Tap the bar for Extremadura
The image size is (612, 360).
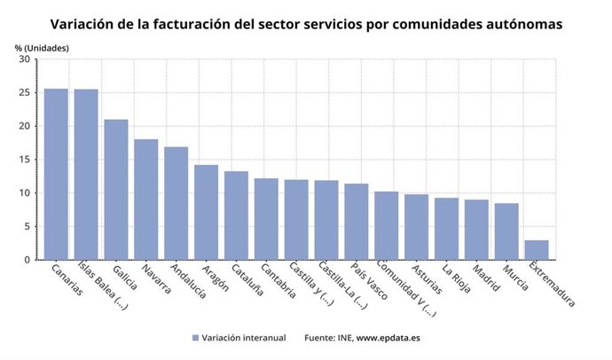coord(537,249)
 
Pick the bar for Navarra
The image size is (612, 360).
coord(146,199)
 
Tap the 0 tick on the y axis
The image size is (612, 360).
coord(27,260)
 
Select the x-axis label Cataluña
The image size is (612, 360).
coord(248,282)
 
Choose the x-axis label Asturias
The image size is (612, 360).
coord(427,281)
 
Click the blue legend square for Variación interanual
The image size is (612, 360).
coord(194,338)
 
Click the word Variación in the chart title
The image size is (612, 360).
coord(83,24)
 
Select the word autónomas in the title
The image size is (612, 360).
coord(522,24)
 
